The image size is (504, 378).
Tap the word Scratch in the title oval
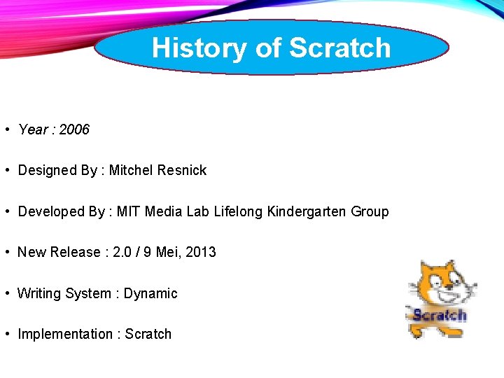point(339,48)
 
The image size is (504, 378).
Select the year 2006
point(74,129)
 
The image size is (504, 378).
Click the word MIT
point(129,211)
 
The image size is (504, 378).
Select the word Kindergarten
point(308,211)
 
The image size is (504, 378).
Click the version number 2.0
point(123,252)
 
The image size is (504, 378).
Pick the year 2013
point(201,252)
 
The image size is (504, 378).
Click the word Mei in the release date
point(168,252)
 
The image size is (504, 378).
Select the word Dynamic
point(150,293)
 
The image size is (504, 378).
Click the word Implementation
point(65,334)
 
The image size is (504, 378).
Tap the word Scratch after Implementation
point(148,334)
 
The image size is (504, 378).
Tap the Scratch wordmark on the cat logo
point(439,314)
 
